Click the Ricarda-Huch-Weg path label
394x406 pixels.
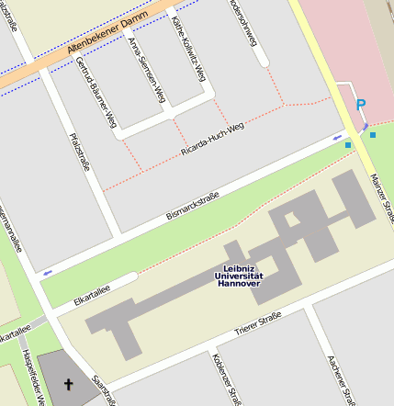(212, 139)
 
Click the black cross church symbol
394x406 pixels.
(67, 383)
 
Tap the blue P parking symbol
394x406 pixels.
(360, 106)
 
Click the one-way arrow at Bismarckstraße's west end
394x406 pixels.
(47, 271)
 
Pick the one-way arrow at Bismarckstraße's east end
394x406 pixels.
(335, 138)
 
